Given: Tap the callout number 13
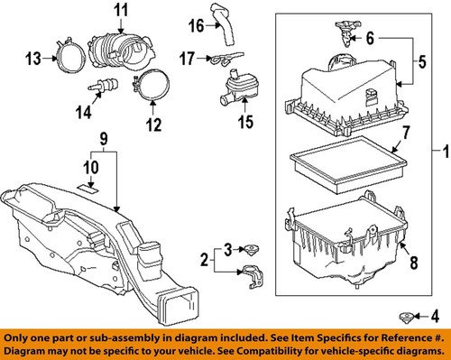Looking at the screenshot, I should [33, 59].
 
